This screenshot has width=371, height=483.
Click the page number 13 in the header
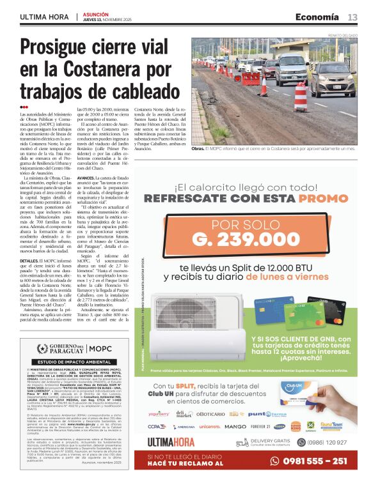[352, 17]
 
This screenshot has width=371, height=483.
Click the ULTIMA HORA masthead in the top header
[45, 17]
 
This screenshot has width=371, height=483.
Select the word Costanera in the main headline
[100, 69]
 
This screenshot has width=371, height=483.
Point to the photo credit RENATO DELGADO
[341, 36]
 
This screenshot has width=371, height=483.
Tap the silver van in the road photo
[291, 70]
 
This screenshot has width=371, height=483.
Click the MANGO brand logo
[235, 426]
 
